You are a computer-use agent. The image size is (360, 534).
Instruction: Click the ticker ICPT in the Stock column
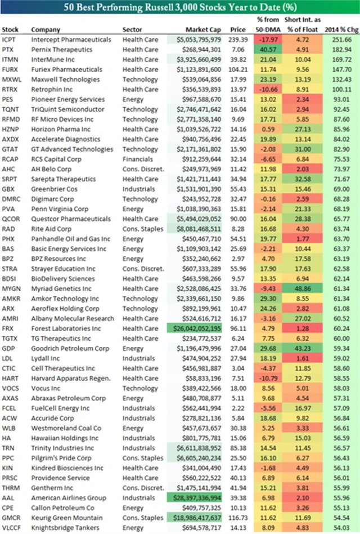(9, 40)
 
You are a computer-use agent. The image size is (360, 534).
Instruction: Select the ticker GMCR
(11, 518)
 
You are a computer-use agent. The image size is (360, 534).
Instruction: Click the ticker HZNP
(11, 130)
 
